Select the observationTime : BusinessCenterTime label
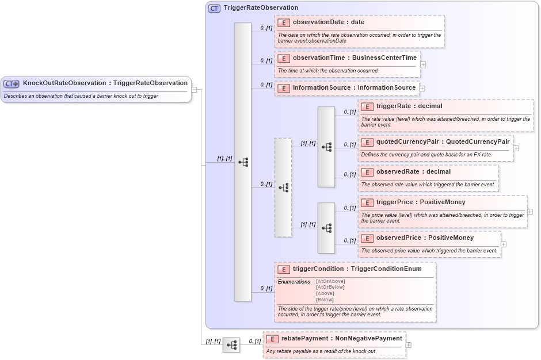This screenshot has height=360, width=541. tap(355, 58)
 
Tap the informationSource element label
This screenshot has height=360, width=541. tap(354, 88)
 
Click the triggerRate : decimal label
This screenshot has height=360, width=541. tap(409, 106)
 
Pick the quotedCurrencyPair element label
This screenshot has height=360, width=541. tap(443, 142)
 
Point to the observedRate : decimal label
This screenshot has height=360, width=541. tap(413, 171)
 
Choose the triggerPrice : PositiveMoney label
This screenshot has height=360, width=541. tap(421, 202)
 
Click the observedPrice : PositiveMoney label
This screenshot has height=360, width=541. tap(425, 238)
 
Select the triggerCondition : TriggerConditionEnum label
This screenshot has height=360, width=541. tap(357, 269)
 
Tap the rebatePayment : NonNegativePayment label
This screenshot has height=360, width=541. tap(341, 339)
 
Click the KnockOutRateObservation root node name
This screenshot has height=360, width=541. tap(105, 83)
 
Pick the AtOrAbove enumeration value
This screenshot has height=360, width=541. tap(330, 281)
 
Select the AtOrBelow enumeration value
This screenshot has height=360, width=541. tap(330, 287)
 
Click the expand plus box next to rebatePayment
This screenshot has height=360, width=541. tap(409, 345)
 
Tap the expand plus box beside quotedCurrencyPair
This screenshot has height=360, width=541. tap(516, 148)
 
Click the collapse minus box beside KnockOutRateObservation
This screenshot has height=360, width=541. tap(195, 90)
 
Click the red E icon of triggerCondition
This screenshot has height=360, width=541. tap(283, 269)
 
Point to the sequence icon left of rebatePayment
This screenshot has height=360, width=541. tap(231, 345)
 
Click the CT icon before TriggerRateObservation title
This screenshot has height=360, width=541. tap(214, 8)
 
